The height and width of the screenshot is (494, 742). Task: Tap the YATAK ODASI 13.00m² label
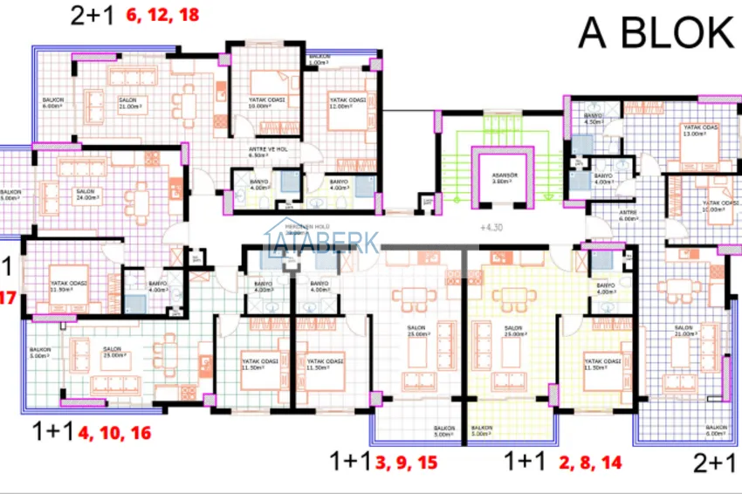tap(701, 131)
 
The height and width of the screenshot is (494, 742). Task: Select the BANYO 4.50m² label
tap(593, 120)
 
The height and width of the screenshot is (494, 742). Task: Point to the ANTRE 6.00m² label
tap(605, 217)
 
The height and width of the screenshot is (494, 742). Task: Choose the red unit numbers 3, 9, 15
tap(407, 463)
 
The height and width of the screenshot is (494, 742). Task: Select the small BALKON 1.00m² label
tap(318, 60)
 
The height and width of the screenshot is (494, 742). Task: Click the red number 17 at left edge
tap(8, 298)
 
